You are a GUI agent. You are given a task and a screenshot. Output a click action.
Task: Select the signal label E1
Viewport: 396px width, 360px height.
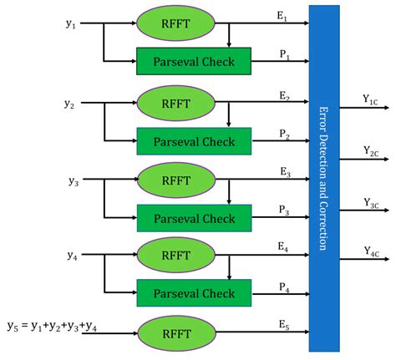click(x=285, y=16)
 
